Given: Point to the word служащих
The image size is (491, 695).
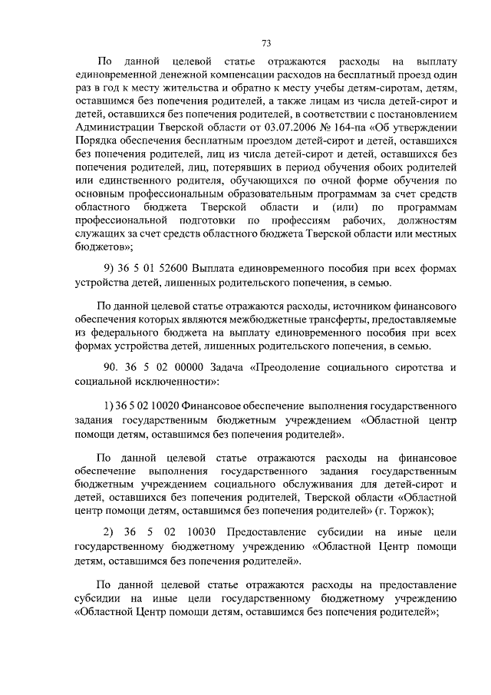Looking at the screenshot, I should pos(99,233).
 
